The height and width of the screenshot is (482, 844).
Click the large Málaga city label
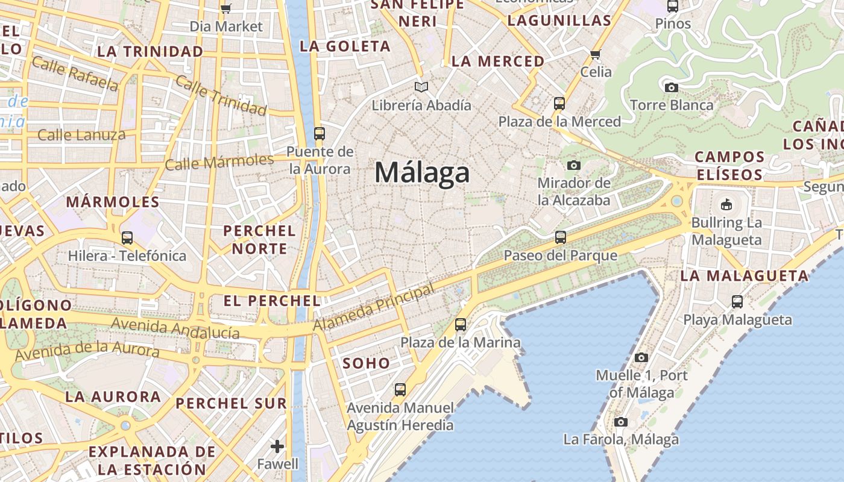(x=421, y=173)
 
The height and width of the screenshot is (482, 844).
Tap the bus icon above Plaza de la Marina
(x=461, y=325)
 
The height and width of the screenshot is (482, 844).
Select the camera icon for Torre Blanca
(x=671, y=87)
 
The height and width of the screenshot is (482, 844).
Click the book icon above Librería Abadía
(x=421, y=87)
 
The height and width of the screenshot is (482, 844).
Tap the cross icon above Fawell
(x=277, y=446)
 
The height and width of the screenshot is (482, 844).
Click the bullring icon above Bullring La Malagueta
(x=726, y=204)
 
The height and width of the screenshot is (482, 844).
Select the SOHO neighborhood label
(x=367, y=363)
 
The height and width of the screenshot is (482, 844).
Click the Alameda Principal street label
(x=374, y=308)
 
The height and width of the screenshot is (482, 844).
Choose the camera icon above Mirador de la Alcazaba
(x=574, y=165)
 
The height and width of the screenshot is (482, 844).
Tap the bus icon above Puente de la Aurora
(x=320, y=133)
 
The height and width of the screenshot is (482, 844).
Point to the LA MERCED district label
(x=498, y=61)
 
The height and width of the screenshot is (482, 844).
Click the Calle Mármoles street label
(x=219, y=162)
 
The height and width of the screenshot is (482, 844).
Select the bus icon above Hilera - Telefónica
(x=127, y=238)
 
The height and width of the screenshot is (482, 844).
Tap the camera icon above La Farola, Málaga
(x=621, y=422)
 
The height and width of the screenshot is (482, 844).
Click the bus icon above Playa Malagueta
(x=737, y=302)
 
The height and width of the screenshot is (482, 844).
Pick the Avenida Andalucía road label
(x=175, y=328)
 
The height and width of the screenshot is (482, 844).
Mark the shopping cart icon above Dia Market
(x=225, y=8)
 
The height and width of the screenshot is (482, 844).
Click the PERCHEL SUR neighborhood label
(x=231, y=404)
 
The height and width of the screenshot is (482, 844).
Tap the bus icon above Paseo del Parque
(x=561, y=237)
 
